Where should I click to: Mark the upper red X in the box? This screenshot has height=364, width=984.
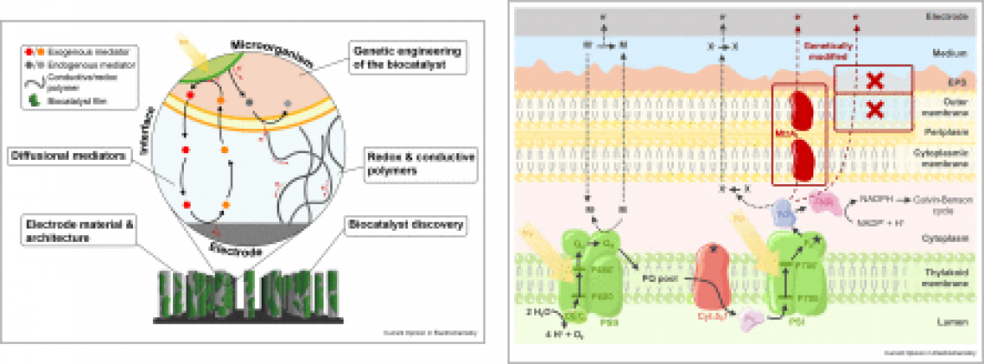874,81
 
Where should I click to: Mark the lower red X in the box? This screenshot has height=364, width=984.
874,109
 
